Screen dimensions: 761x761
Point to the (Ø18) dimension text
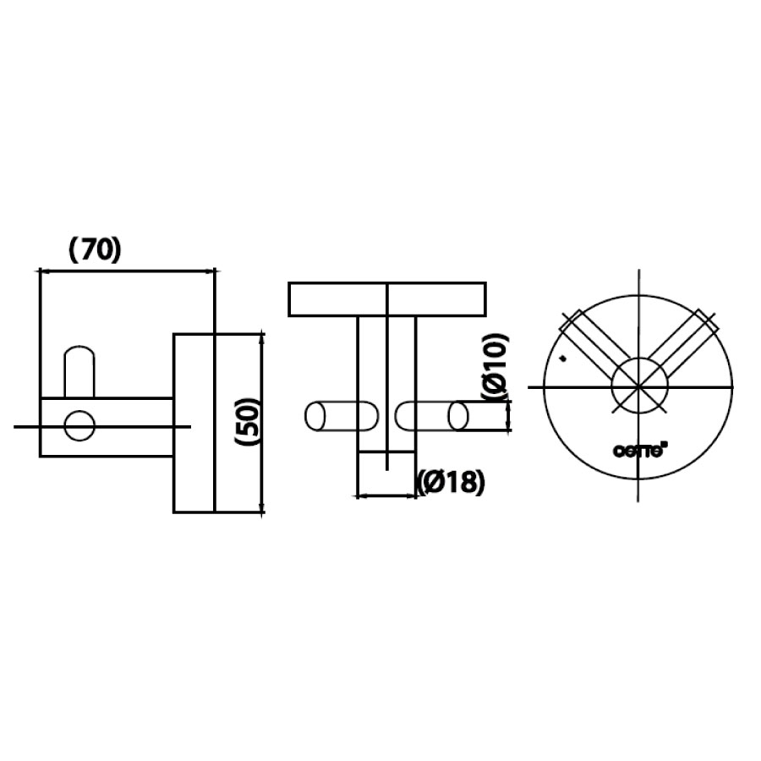pos(452,482)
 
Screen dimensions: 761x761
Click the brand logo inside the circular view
pos(641,451)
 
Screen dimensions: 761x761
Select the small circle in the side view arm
pos(80,426)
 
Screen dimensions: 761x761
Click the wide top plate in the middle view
pos(387,299)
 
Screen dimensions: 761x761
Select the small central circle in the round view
pos(640,386)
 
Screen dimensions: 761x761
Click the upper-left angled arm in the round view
pos(592,342)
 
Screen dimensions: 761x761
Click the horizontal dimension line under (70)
pos(127,271)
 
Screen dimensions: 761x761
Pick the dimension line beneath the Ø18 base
pos(387,495)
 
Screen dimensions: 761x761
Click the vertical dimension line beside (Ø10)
pos(509,416)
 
